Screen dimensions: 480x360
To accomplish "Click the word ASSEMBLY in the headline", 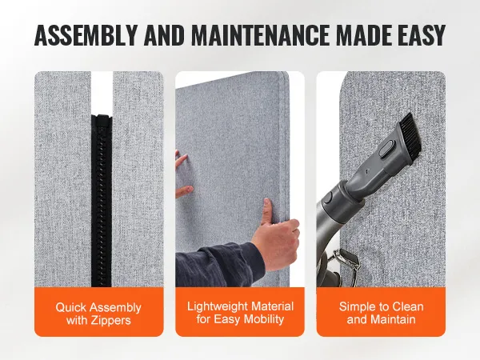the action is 86,34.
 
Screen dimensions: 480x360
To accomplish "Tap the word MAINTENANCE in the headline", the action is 259,34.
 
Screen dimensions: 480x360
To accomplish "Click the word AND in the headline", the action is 164,34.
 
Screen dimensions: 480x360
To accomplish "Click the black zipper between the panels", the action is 102,201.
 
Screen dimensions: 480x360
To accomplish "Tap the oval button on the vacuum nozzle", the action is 386,148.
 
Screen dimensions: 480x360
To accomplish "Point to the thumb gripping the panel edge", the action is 267,211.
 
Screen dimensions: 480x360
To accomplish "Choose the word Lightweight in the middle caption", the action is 214,306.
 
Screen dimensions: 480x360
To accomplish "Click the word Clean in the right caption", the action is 408,306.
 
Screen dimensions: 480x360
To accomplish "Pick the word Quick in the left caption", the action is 71,307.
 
